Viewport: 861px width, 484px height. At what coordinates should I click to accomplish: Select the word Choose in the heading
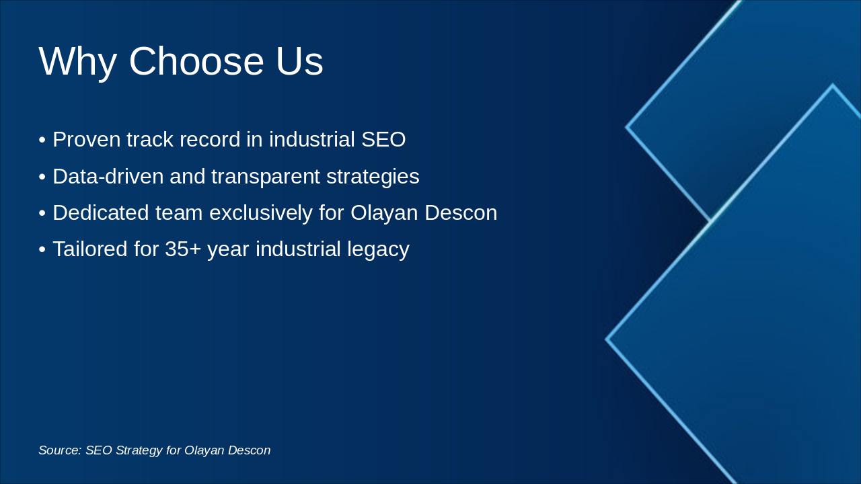(x=196, y=61)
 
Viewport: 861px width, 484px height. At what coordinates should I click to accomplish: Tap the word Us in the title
(x=299, y=61)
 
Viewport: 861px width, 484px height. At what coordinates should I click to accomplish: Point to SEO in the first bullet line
(x=383, y=139)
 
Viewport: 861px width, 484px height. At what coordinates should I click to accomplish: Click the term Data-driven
(x=108, y=176)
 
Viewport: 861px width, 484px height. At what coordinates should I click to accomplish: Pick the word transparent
(x=265, y=177)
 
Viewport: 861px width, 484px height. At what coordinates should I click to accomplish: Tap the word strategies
(x=373, y=177)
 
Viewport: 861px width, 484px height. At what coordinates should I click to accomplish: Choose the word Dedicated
(x=100, y=212)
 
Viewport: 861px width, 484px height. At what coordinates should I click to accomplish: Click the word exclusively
(x=260, y=213)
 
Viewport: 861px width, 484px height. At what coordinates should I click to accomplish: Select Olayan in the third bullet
(x=384, y=213)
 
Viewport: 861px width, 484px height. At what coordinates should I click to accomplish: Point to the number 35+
(x=183, y=249)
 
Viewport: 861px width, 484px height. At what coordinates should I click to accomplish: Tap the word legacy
(x=378, y=249)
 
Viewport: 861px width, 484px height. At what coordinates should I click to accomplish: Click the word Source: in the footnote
(x=60, y=450)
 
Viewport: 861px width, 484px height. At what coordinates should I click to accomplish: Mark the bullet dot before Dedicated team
(x=42, y=214)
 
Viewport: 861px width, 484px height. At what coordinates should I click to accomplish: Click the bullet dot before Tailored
(x=42, y=249)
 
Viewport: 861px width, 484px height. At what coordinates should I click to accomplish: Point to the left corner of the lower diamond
(x=606, y=339)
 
